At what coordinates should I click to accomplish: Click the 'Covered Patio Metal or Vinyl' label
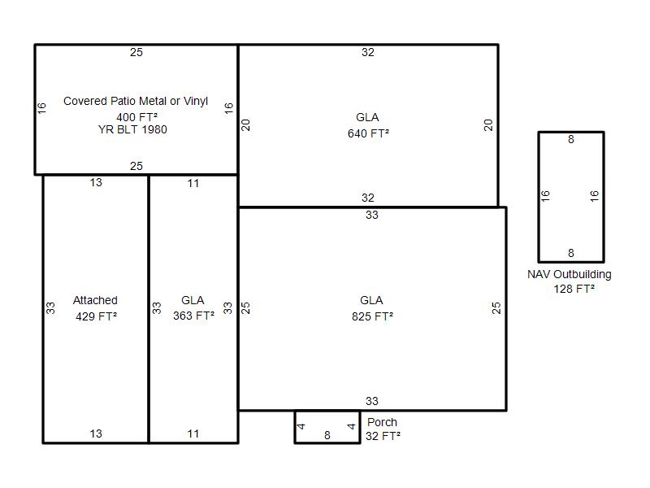(136, 101)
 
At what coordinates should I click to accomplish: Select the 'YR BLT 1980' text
(132, 129)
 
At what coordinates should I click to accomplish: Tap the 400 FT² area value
(136, 117)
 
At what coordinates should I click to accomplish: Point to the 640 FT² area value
(368, 133)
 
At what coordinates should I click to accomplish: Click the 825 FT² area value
(372, 316)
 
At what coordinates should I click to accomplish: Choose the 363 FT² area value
(193, 316)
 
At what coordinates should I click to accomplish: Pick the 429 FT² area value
(96, 316)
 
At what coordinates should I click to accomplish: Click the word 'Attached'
(95, 300)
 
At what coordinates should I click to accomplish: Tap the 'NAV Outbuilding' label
(570, 274)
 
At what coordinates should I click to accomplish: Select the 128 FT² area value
(574, 289)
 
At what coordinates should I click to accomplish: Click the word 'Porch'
(382, 422)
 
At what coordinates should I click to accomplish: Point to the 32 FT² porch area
(383, 436)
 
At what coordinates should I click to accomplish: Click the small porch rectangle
(327, 412)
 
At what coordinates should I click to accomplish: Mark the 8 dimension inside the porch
(327, 435)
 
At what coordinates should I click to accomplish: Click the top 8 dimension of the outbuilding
(571, 139)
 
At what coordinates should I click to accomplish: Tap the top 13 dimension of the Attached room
(96, 182)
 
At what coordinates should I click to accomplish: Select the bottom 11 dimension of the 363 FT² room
(193, 434)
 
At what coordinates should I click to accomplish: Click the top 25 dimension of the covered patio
(136, 52)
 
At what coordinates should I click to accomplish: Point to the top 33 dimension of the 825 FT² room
(372, 215)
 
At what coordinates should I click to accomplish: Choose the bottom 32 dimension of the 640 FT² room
(368, 198)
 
